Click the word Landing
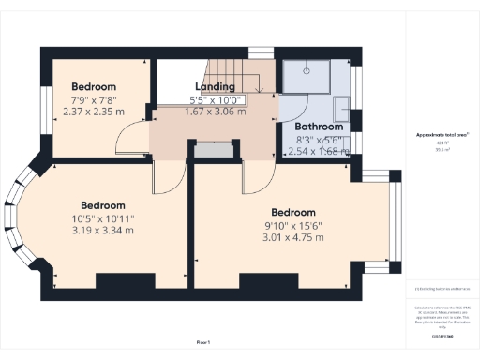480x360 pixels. tap(215, 86)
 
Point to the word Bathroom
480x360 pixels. tap(319, 127)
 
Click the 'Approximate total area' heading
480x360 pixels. tap(442, 135)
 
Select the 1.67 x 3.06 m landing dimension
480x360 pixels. tap(215, 111)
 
